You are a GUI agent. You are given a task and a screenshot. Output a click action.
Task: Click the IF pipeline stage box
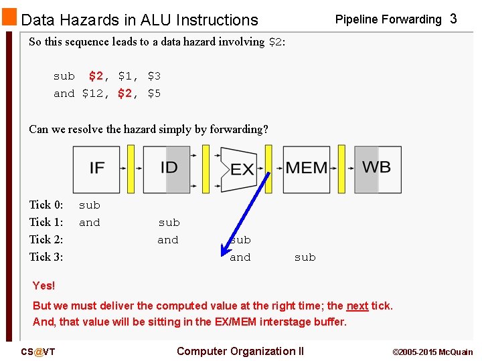pyautogui.click(x=96, y=168)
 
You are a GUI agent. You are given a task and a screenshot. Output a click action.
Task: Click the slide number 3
pyautogui.click(x=453, y=19)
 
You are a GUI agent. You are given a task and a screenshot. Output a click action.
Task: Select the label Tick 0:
pyautogui.click(x=46, y=205)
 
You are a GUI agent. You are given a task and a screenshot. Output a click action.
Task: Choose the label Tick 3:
pyautogui.click(x=46, y=257)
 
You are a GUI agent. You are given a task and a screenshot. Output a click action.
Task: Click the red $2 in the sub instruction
pyautogui.click(x=96, y=76)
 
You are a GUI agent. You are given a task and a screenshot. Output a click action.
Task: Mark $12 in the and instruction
pyautogui.click(x=93, y=94)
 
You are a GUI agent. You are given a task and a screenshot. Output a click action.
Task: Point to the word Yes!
pyautogui.click(x=44, y=285)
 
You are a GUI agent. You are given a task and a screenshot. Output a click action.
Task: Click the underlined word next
pyautogui.click(x=357, y=306)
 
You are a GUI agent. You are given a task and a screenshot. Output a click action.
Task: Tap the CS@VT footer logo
pyautogui.click(x=37, y=352)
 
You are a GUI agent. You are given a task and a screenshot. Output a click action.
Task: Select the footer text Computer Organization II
pyautogui.click(x=240, y=351)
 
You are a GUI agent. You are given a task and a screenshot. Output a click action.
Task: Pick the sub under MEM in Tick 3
pyautogui.click(x=305, y=257)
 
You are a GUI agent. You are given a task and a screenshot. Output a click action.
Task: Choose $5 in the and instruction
pyautogui.click(x=154, y=94)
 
